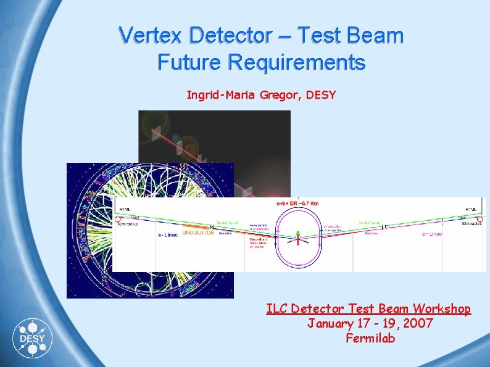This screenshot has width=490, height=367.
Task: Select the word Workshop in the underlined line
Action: coord(442,308)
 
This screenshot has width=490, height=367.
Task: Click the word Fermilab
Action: coord(370,338)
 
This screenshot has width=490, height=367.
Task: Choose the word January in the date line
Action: coord(331,323)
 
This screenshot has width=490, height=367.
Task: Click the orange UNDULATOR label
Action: coord(198,233)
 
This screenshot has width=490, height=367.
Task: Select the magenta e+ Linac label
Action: coord(432,234)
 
